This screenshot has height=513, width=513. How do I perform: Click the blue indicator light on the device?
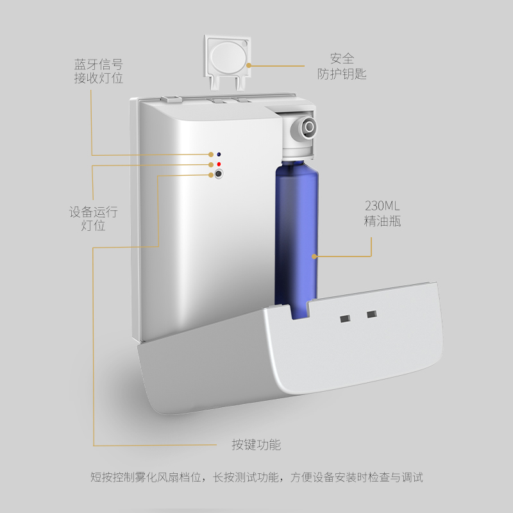point(219,155)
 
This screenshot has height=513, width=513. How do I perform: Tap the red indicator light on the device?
point(219,164)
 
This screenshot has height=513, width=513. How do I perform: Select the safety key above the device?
point(228,62)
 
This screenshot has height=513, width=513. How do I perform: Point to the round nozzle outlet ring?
point(309,126)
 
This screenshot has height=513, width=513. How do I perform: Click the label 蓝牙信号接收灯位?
point(99,71)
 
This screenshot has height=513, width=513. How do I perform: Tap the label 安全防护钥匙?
point(342,67)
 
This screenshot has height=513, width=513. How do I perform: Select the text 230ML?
point(382,206)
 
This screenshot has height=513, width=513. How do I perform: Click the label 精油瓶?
point(382,221)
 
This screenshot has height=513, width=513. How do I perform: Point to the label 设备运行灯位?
point(93,219)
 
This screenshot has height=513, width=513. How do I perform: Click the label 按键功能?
point(256,444)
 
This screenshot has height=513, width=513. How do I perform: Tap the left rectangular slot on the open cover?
point(345,318)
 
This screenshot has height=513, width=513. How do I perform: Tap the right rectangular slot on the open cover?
point(372,314)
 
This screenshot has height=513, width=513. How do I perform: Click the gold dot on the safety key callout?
point(249,65)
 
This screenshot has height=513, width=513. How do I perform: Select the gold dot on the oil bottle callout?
point(314,256)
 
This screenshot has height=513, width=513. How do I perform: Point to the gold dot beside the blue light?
point(211,155)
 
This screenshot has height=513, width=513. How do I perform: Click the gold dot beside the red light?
point(211,165)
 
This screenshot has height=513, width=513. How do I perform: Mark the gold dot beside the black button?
point(211,175)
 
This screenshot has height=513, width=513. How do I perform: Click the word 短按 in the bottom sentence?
point(101,477)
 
